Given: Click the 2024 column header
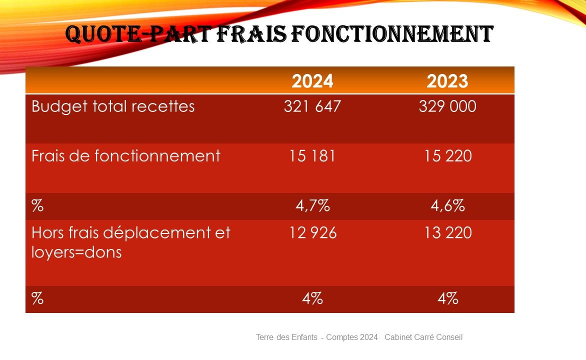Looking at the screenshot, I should click(x=312, y=81).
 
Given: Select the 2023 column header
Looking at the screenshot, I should click(x=447, y=81).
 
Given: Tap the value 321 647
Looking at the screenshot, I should click(x=312, y=106).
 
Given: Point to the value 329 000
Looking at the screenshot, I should click(x=447, y=106).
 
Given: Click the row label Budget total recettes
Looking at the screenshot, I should click(x=113, y=106).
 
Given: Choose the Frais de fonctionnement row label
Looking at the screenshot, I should click(x=125, y=156).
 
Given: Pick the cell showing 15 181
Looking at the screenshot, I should click(x=312, y=156).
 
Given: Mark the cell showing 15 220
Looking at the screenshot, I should click(x=447, y=156).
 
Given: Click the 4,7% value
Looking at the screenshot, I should click(x=312, y=206).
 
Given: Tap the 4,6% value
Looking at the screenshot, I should click(x=447, y=206).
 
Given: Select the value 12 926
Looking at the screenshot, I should click(x=312, y=233).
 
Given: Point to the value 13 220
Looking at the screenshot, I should click(x=447, y=233).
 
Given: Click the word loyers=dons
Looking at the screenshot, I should click(x=76, y=252).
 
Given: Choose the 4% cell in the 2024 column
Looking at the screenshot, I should click(x=312, y=299).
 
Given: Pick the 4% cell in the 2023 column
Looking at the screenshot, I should click(x=447, y=299).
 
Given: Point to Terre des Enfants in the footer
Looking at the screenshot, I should click(x=286, y=337).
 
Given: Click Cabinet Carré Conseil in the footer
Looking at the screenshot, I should click(x=423, y=337).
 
